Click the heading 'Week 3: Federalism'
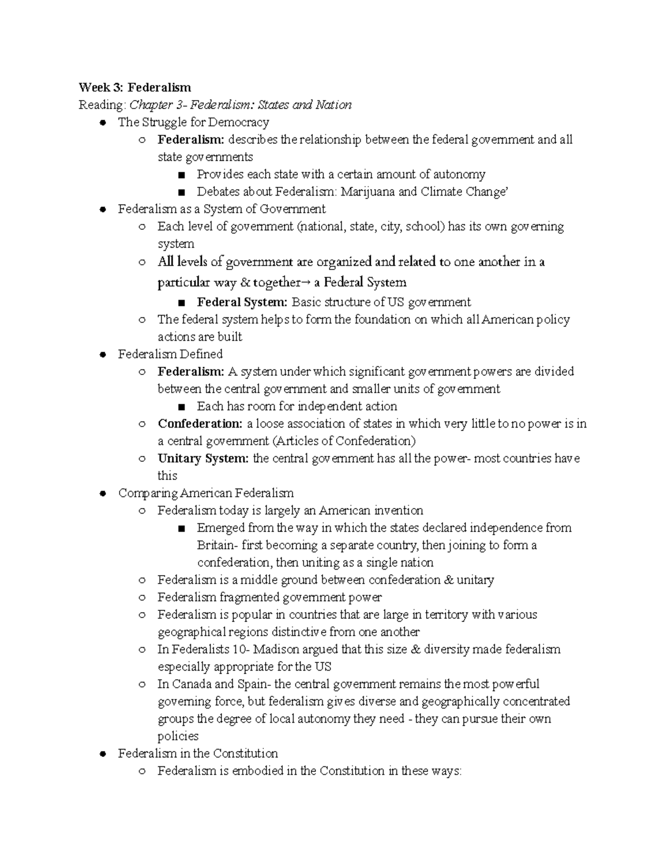135,87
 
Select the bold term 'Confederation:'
200,424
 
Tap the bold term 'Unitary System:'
203,458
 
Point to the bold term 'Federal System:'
242,302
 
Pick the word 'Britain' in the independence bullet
215,545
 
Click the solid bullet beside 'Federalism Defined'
102,354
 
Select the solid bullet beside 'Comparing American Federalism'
102,494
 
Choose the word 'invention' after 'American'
398,510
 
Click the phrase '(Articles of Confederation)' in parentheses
344,441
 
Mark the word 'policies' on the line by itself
178,736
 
